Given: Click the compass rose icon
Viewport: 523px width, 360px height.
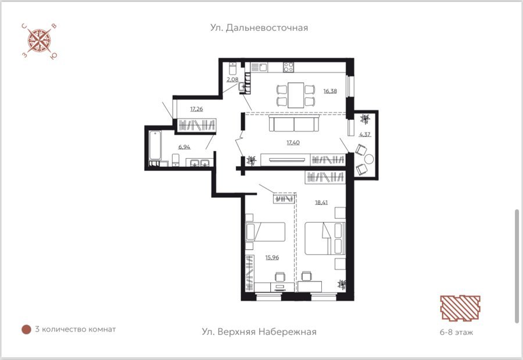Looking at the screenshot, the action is click(x=39, y=41).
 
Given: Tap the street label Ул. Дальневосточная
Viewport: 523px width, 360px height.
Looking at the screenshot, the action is click(x=259, y=28).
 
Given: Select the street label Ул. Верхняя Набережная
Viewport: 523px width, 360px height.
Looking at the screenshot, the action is click(x=259, y=332).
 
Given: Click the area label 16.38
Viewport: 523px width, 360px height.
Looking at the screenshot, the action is click(x=330, y=91).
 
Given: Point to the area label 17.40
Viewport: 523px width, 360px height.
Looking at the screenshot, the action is click(x=293, y=142).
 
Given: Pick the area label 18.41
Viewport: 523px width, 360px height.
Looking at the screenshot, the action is click(x=321, y=202).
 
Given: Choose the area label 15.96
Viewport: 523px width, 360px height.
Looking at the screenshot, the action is click(x=272, y=258).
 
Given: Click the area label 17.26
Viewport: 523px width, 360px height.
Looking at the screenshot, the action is click(x=196, y=109).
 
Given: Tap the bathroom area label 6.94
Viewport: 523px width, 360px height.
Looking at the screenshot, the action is click(x=184, y=147).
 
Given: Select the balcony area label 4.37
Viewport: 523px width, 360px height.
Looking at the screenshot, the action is click(x=365, y=134).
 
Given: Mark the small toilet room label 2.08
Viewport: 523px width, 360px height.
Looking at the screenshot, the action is click(x=232, y=80).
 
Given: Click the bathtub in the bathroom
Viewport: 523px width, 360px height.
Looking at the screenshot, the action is click(x=155, y=145).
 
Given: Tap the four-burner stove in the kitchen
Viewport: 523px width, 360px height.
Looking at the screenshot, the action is click(x=288, y=67).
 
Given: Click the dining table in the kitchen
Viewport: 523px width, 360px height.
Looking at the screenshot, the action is click(x=296, y=95).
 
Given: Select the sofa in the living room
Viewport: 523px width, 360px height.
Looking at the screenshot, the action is click(x=294, y=124).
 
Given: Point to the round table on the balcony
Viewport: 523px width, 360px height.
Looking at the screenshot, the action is click(x=368, y=159).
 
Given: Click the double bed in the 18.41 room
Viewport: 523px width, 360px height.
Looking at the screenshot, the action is click(x=325, y=238).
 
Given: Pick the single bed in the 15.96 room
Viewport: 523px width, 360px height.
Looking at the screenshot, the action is click(x=265, y=232).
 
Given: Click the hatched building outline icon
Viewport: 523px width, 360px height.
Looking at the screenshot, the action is click(x=460, y=308).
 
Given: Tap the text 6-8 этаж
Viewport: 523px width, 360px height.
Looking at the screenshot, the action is click(x=456, y=332).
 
